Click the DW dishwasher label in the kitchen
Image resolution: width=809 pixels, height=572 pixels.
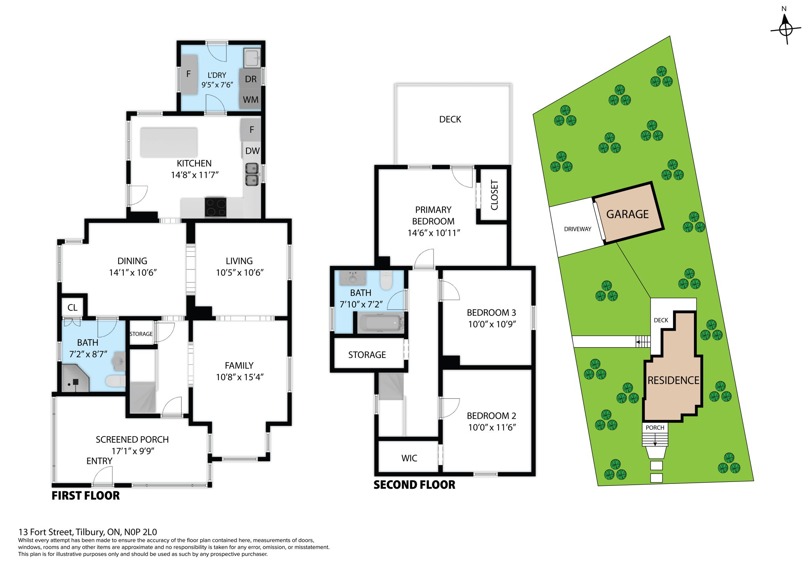(x=252, y=151)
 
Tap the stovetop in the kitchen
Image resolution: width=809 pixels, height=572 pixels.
(x=215, y=207)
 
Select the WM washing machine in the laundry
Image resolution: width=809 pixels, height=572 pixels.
(x=250, y=100)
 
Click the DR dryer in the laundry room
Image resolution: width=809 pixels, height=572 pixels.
(x=250, y=79)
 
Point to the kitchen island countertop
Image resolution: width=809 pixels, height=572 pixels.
(x=169, y=142)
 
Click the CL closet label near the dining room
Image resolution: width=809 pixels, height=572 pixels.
(x=72, y=307)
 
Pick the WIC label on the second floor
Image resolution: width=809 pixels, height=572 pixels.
(x=409, y=458)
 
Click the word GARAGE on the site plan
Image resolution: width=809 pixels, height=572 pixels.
(x=627, y=214)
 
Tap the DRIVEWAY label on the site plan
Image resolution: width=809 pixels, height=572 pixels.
(x=578, y=229)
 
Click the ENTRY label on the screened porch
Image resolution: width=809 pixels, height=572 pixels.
(x=99, y=461)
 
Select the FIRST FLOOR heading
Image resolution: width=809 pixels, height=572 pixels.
(x=85, y=496)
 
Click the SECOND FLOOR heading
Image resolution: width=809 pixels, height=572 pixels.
(x=414, y=485)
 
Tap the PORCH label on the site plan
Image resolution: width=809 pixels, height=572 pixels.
(x=655, y=427)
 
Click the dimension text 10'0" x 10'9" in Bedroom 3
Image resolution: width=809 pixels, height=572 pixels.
(x=492, y=324)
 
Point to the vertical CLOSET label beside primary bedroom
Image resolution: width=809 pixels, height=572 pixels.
(x=494, y=195)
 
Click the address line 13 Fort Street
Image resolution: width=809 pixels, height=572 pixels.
(x=88, y=532)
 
